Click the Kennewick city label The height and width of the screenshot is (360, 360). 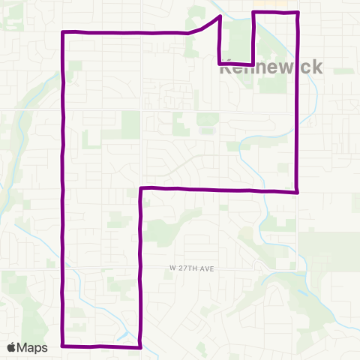271,67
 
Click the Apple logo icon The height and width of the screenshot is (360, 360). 12,347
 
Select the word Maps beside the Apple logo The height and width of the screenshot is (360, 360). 33,347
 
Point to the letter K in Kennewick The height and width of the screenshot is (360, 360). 225,67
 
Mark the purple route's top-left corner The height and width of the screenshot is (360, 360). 62,32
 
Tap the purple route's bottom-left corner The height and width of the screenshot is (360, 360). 62,346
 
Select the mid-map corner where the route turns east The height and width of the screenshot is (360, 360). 141,188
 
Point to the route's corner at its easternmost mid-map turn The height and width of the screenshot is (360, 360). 298,191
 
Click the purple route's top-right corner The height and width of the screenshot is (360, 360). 298,13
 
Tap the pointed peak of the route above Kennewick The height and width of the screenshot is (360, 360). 220,16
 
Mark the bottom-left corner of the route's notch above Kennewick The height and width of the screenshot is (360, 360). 219,63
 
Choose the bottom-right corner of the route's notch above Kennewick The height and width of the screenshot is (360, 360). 252,64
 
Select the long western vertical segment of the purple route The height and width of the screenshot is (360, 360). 62,187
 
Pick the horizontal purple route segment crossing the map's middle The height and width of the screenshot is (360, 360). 217,190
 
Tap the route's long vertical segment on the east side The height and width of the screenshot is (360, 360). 298,105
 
